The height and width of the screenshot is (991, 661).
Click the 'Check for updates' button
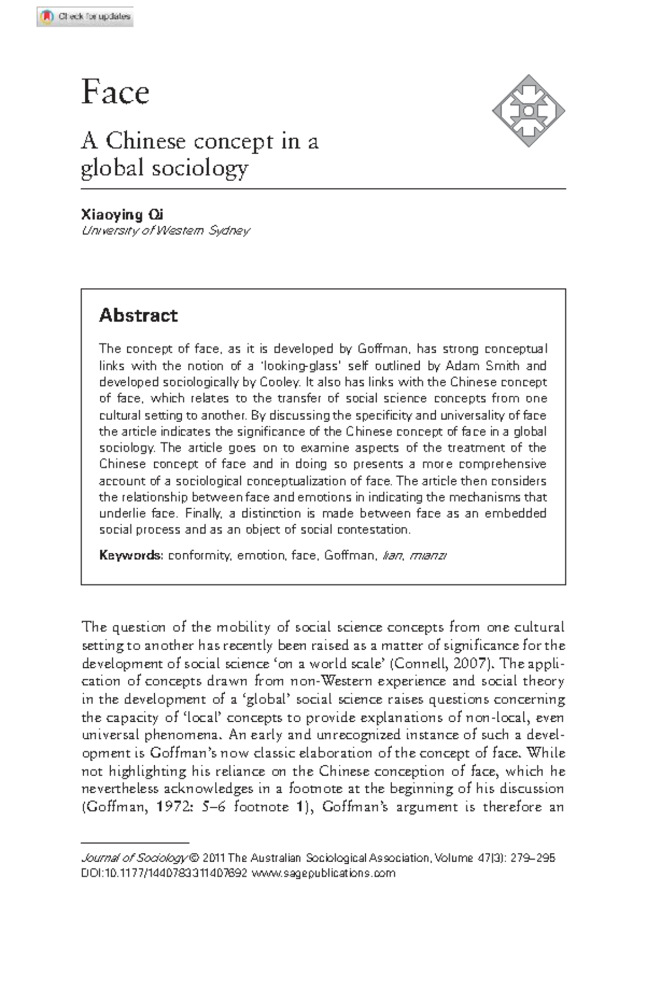[x=85, y=17]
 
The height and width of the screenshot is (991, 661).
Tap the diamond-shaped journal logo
[x=528, y=111]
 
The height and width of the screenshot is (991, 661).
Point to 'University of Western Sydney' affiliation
[x=166, y=231]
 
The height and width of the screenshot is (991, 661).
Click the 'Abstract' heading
[x=138, y=315]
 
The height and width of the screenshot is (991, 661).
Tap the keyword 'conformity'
[x=199, y=556]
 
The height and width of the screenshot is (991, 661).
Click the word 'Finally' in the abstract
[x=203, y=513]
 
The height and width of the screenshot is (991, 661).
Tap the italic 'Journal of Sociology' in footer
[x=134, y=858]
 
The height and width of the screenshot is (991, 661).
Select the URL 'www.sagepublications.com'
[x=323, y=873]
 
